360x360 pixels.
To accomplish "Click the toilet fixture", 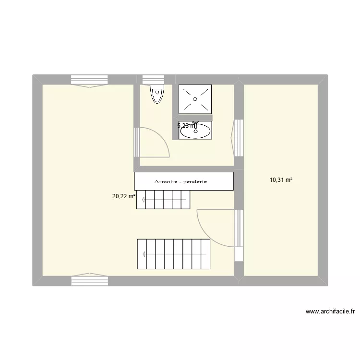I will click(156, 94).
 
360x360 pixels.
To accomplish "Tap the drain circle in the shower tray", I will click(195, 99).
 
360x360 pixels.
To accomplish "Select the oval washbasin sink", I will click(195, 131).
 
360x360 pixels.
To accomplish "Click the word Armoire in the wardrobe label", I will click(168, 181).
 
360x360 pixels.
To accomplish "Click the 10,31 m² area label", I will click(281, 180).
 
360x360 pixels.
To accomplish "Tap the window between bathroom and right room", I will click(238, 138).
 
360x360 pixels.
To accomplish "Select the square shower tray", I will click(195, 99).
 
